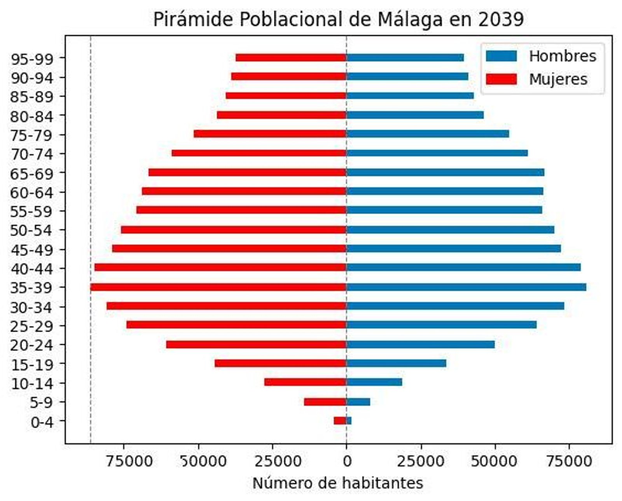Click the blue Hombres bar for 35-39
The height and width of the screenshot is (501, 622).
pos(466,287)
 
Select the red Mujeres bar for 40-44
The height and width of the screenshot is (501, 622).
pos(220,268)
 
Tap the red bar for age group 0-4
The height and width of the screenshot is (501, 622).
pos(340,420)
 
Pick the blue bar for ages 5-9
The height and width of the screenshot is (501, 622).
pos(358,402)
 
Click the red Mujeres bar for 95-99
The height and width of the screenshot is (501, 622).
pos(291,58)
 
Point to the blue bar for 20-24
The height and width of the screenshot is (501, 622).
pos(420,345)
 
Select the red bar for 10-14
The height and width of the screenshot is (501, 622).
pos(305,382)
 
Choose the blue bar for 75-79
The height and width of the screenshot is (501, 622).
pos(428,134)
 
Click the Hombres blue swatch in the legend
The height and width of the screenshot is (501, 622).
pos(501,56)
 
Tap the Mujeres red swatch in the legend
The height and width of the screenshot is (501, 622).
pos(501,79)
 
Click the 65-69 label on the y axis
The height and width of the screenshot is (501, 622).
pos(31,173)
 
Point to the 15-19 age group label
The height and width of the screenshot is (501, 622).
pos(31,365)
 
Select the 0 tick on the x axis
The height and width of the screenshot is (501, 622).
pos(346,461)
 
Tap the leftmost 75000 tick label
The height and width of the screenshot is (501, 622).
pos(124,461)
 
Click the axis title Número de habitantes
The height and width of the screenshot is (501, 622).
pos(337,483)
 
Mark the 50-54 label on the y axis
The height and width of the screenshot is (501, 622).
pos(31,231)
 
